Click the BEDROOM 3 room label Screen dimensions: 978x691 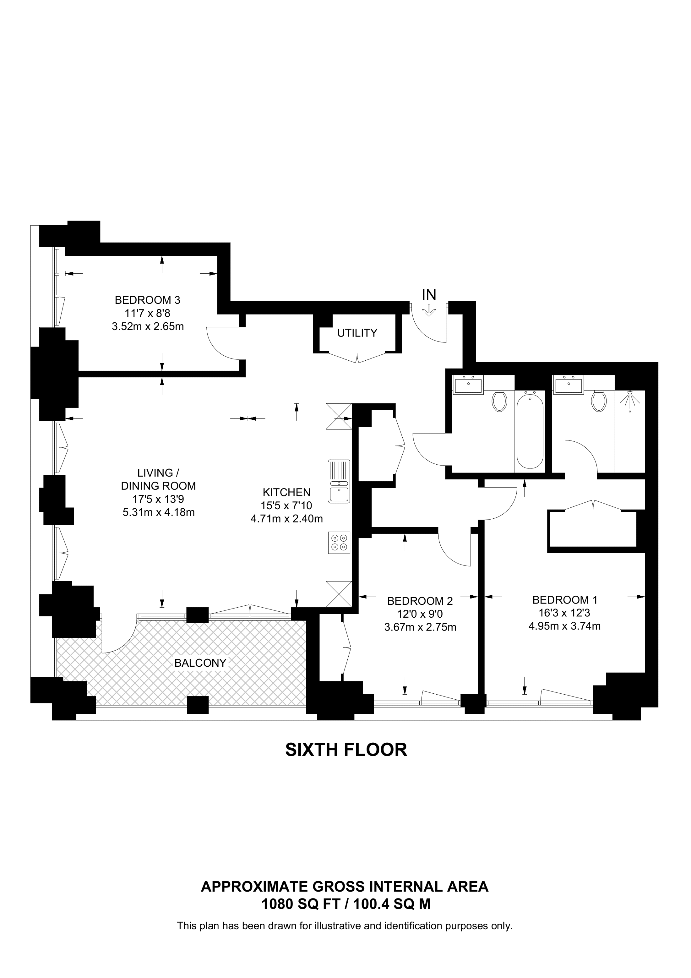click(x=147, y=300)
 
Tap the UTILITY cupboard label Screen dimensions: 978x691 click(x=357, y=333)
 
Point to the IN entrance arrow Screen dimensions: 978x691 click(x=429, y=309)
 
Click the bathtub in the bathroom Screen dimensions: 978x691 click(x=530, y=430)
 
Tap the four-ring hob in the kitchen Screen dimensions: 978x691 click(x=339, y=543)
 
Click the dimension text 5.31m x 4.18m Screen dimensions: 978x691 click(x=159, y=512)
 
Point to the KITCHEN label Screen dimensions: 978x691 click(x=286, y=492)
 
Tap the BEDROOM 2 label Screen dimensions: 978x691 click(x=420, y=601)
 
